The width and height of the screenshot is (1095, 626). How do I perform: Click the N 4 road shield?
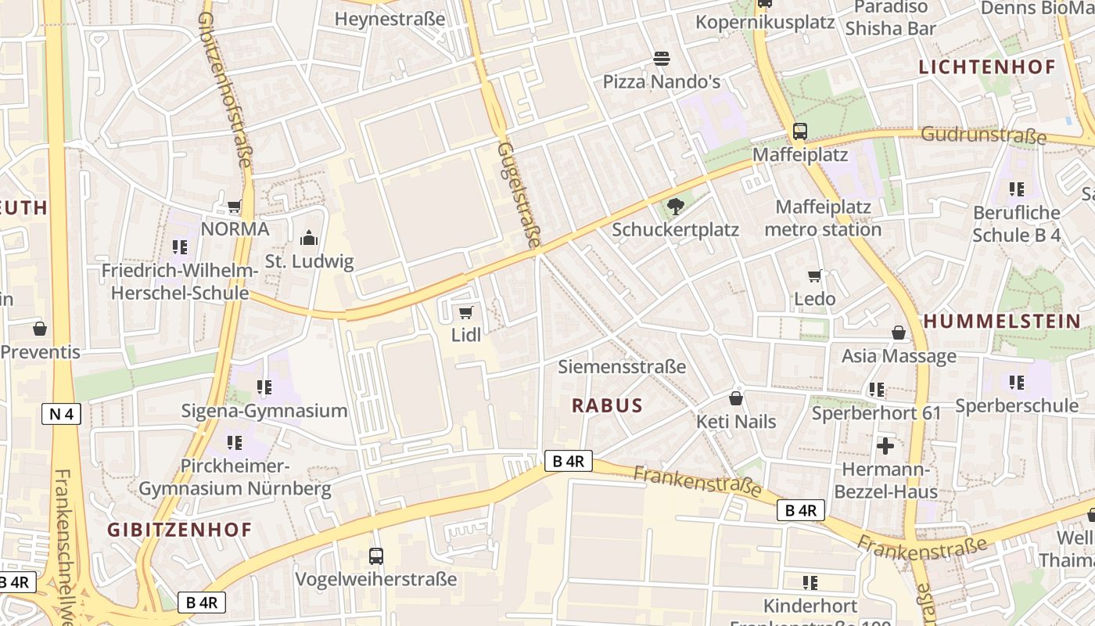point(61,414)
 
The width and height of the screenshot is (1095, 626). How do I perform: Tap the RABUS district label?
point(607,405)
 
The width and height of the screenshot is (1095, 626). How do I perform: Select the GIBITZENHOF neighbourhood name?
point(180,529)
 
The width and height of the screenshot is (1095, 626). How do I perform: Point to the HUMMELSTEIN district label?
point(1002,321)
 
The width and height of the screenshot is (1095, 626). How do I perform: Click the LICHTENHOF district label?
point(987,67)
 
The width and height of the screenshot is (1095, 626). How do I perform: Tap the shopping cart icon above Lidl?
point(466,313)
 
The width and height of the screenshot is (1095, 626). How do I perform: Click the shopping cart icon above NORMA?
point(235,207)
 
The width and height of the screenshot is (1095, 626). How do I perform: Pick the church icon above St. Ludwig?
point(309,238)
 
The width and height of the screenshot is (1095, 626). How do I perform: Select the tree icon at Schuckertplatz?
point(675,207)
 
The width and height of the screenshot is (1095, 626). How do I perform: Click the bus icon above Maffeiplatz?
point(800,131)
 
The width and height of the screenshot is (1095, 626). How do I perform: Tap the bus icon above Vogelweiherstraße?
point(376,556)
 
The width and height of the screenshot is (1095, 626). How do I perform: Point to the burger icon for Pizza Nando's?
point(661,59)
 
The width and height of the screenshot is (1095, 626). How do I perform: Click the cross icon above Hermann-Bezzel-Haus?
point(885,446)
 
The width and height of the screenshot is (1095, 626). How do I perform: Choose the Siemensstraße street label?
point(622,366)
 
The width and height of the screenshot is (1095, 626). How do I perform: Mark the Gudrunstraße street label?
point(983,135)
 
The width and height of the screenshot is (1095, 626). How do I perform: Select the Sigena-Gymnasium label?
point(264,411)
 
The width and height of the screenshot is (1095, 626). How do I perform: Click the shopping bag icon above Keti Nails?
point(736,398)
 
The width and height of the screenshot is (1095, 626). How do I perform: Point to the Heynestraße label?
point(390,19)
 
